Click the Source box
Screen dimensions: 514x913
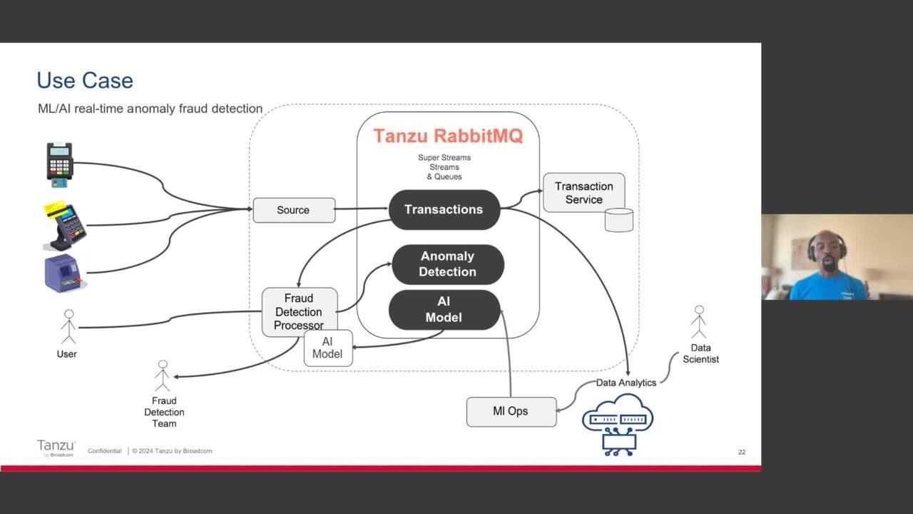(x=294, y=210)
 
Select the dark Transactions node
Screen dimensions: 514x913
(x=444, y=209)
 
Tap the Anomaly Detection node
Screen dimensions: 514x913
(x=447, y=264)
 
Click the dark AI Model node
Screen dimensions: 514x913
(x=444, y=310)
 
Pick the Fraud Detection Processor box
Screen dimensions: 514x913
(x=299, y=311)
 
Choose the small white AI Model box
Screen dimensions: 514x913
(x=328, y=348)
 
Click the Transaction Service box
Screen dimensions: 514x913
(x=583, y=193)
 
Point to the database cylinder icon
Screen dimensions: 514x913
(x=619, y=220)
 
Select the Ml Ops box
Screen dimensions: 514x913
(x=511, y=412)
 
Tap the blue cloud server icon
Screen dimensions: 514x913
(x=618, y=424)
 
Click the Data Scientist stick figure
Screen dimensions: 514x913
(x=699, y=323)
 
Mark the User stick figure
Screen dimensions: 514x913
(x=68, y=327)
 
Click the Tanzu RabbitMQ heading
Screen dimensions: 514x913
(x=448, y=136)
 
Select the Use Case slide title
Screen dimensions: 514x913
(x=85, y=80)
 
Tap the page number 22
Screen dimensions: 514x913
(x=742, y=452)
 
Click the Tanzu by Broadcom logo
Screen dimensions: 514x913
(x=56, y=448)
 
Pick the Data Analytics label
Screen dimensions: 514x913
(x=626, y=383)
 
